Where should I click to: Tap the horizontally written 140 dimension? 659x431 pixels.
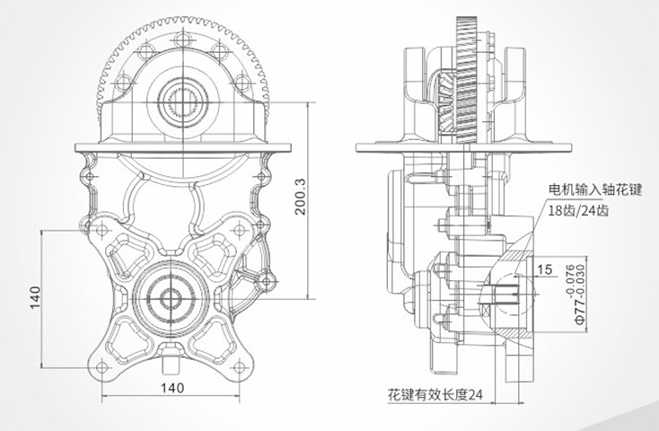pyautogui.click(x=172, y=388)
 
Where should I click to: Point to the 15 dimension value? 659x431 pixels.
pyautogui.click(x=545, y=268)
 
